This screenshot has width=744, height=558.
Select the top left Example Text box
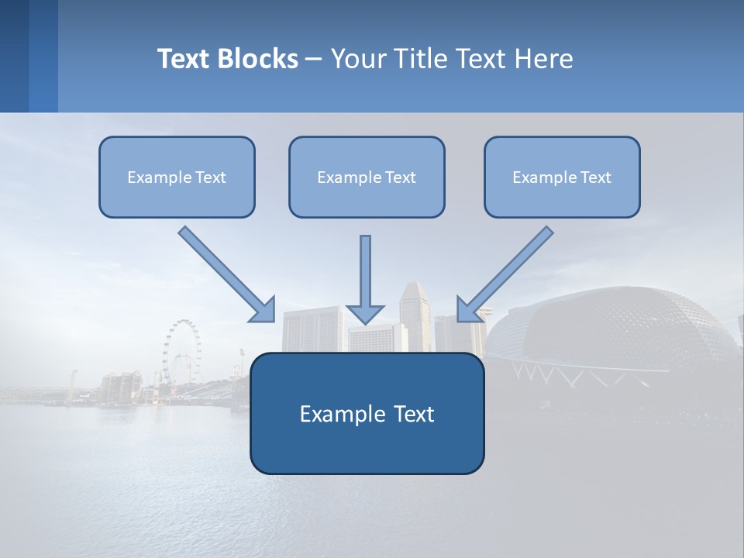tap(177, 177)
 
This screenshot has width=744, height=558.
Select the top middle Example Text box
tap(367, 177)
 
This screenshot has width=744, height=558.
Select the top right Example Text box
tap(562, 177)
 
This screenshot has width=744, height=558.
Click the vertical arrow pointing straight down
tap(365, 271)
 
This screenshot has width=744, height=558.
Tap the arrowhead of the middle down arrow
tap(365, 313)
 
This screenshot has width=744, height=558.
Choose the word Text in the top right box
tap(595, 177)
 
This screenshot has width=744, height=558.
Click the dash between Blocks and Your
tap(314, 59)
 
